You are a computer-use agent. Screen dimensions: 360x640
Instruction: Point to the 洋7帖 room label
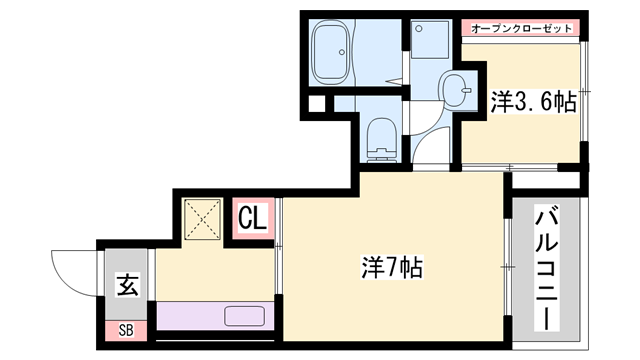click(x=390, y=268)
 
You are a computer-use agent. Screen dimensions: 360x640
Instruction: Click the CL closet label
click(x=252, y=218)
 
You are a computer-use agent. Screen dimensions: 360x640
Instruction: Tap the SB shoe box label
click(x=127, y=329)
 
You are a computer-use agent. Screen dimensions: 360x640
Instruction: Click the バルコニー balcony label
click(x=546, y=269)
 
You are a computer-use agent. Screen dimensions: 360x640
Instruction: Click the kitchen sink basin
click(x=245, y=317)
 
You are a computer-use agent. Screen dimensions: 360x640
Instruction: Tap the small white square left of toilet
click(x=316, y=102)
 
